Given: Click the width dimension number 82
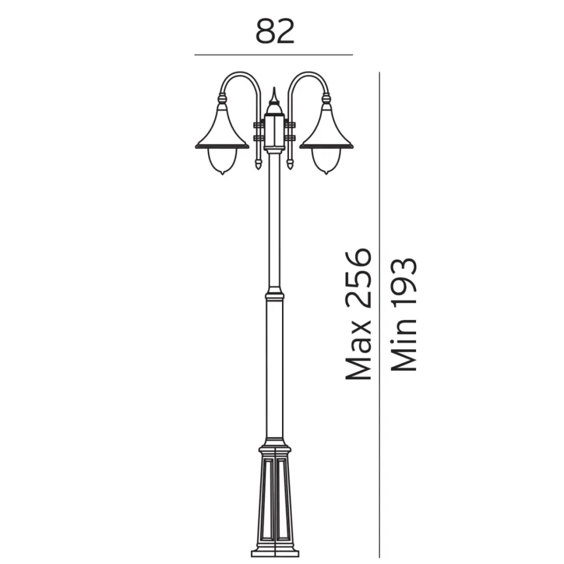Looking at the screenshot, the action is [x=275, y=32].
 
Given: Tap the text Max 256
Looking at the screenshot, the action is [x=358, y=314].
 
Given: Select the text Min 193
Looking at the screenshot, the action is [x=403, y=314].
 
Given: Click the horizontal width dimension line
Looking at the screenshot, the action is [x=274, y=55].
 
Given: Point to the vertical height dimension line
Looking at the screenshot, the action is [x=379, y=315].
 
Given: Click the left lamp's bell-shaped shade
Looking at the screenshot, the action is [x=222, y=129].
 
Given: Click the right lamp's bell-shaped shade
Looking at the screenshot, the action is [x=326, y=129].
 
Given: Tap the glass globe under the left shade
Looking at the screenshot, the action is [x=222, y=161].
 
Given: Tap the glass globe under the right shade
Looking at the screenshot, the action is [x=326, y=161].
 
